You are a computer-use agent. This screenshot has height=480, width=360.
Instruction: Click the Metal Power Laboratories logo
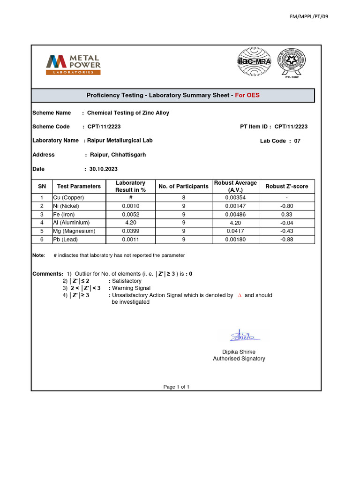73,64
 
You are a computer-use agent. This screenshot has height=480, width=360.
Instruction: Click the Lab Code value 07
297,141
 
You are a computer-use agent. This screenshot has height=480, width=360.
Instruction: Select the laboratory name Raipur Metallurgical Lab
120,140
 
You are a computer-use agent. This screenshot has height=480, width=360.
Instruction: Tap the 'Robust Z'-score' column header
286,186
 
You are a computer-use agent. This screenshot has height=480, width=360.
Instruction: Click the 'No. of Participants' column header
183,186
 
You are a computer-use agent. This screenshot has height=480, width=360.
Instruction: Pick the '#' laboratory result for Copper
130,197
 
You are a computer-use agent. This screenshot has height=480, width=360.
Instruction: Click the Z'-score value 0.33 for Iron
286,214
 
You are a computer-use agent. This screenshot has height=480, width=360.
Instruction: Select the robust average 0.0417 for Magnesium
235,231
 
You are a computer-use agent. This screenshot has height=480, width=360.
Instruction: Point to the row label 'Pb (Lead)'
65,240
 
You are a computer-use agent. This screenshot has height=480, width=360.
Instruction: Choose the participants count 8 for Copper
183,197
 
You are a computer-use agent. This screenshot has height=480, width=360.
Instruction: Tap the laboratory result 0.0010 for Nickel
130,206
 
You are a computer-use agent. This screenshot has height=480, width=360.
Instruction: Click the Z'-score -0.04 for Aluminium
286,223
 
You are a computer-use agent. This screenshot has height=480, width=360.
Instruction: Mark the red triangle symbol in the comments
240,296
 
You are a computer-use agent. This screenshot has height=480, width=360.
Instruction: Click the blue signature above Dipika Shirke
242,336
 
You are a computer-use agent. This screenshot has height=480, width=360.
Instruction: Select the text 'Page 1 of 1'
176,387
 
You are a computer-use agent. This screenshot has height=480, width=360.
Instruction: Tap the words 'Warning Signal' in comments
131,288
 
